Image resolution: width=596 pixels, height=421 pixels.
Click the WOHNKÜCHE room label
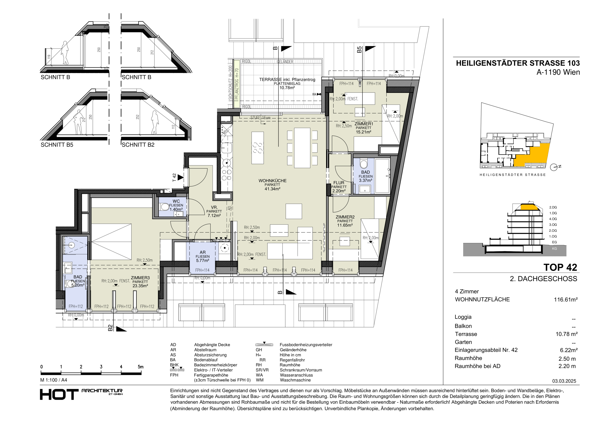(x=272, y=181)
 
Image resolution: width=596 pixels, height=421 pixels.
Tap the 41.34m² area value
(x=272, y=189)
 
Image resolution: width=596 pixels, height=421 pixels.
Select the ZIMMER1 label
(x=364, y=124)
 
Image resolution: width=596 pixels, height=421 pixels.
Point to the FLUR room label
(x=339, y=183)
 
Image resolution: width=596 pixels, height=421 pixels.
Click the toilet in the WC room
(x=164, y=207)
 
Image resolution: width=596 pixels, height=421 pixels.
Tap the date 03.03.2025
(x=564, y=381)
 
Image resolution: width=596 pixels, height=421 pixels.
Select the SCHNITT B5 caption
(x=57, y=145)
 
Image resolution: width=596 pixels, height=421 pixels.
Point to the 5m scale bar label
(x=140, y=367)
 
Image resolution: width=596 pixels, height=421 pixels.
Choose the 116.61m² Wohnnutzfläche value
(x=566, y=300)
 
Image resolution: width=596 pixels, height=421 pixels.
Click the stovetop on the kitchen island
(x=257, y=148)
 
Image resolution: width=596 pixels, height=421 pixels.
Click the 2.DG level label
(x=553, y=207)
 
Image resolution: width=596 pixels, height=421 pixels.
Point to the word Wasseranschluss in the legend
(x=296, y=375)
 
